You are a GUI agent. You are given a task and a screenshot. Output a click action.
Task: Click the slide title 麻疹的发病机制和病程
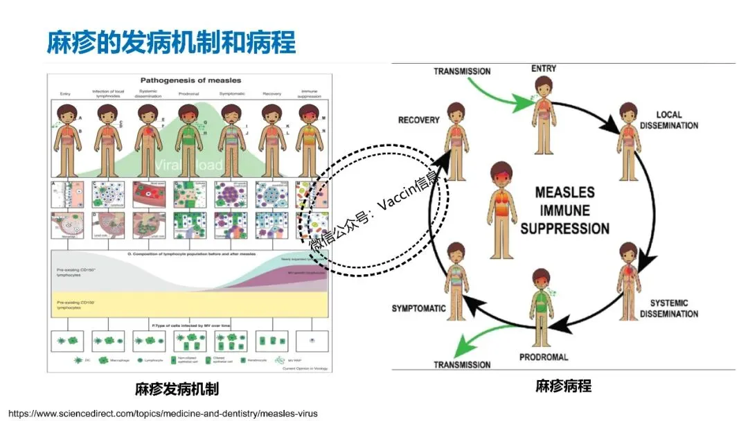pyautogui.click(x=171, y=42)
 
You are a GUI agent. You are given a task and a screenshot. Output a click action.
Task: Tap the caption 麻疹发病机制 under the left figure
pyautogui.click(x=177, y=388)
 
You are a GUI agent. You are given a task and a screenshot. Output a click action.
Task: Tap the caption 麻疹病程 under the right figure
pyautogui.click(x=563, y=386)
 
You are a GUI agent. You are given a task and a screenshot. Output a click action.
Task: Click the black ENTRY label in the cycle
pyautogui.click(x=544, y=69)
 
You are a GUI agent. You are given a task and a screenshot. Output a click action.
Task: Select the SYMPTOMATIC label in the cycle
pyautogui.click(x=418, y=308)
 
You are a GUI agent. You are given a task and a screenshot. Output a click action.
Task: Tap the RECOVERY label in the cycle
pyautogui.click(x=418, y=120)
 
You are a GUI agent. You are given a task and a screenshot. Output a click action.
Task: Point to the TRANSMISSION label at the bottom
pyautogui.click(x=462, y=364)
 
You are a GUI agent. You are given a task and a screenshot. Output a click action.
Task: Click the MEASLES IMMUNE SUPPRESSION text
pyautogui.click(x=565, y=210)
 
